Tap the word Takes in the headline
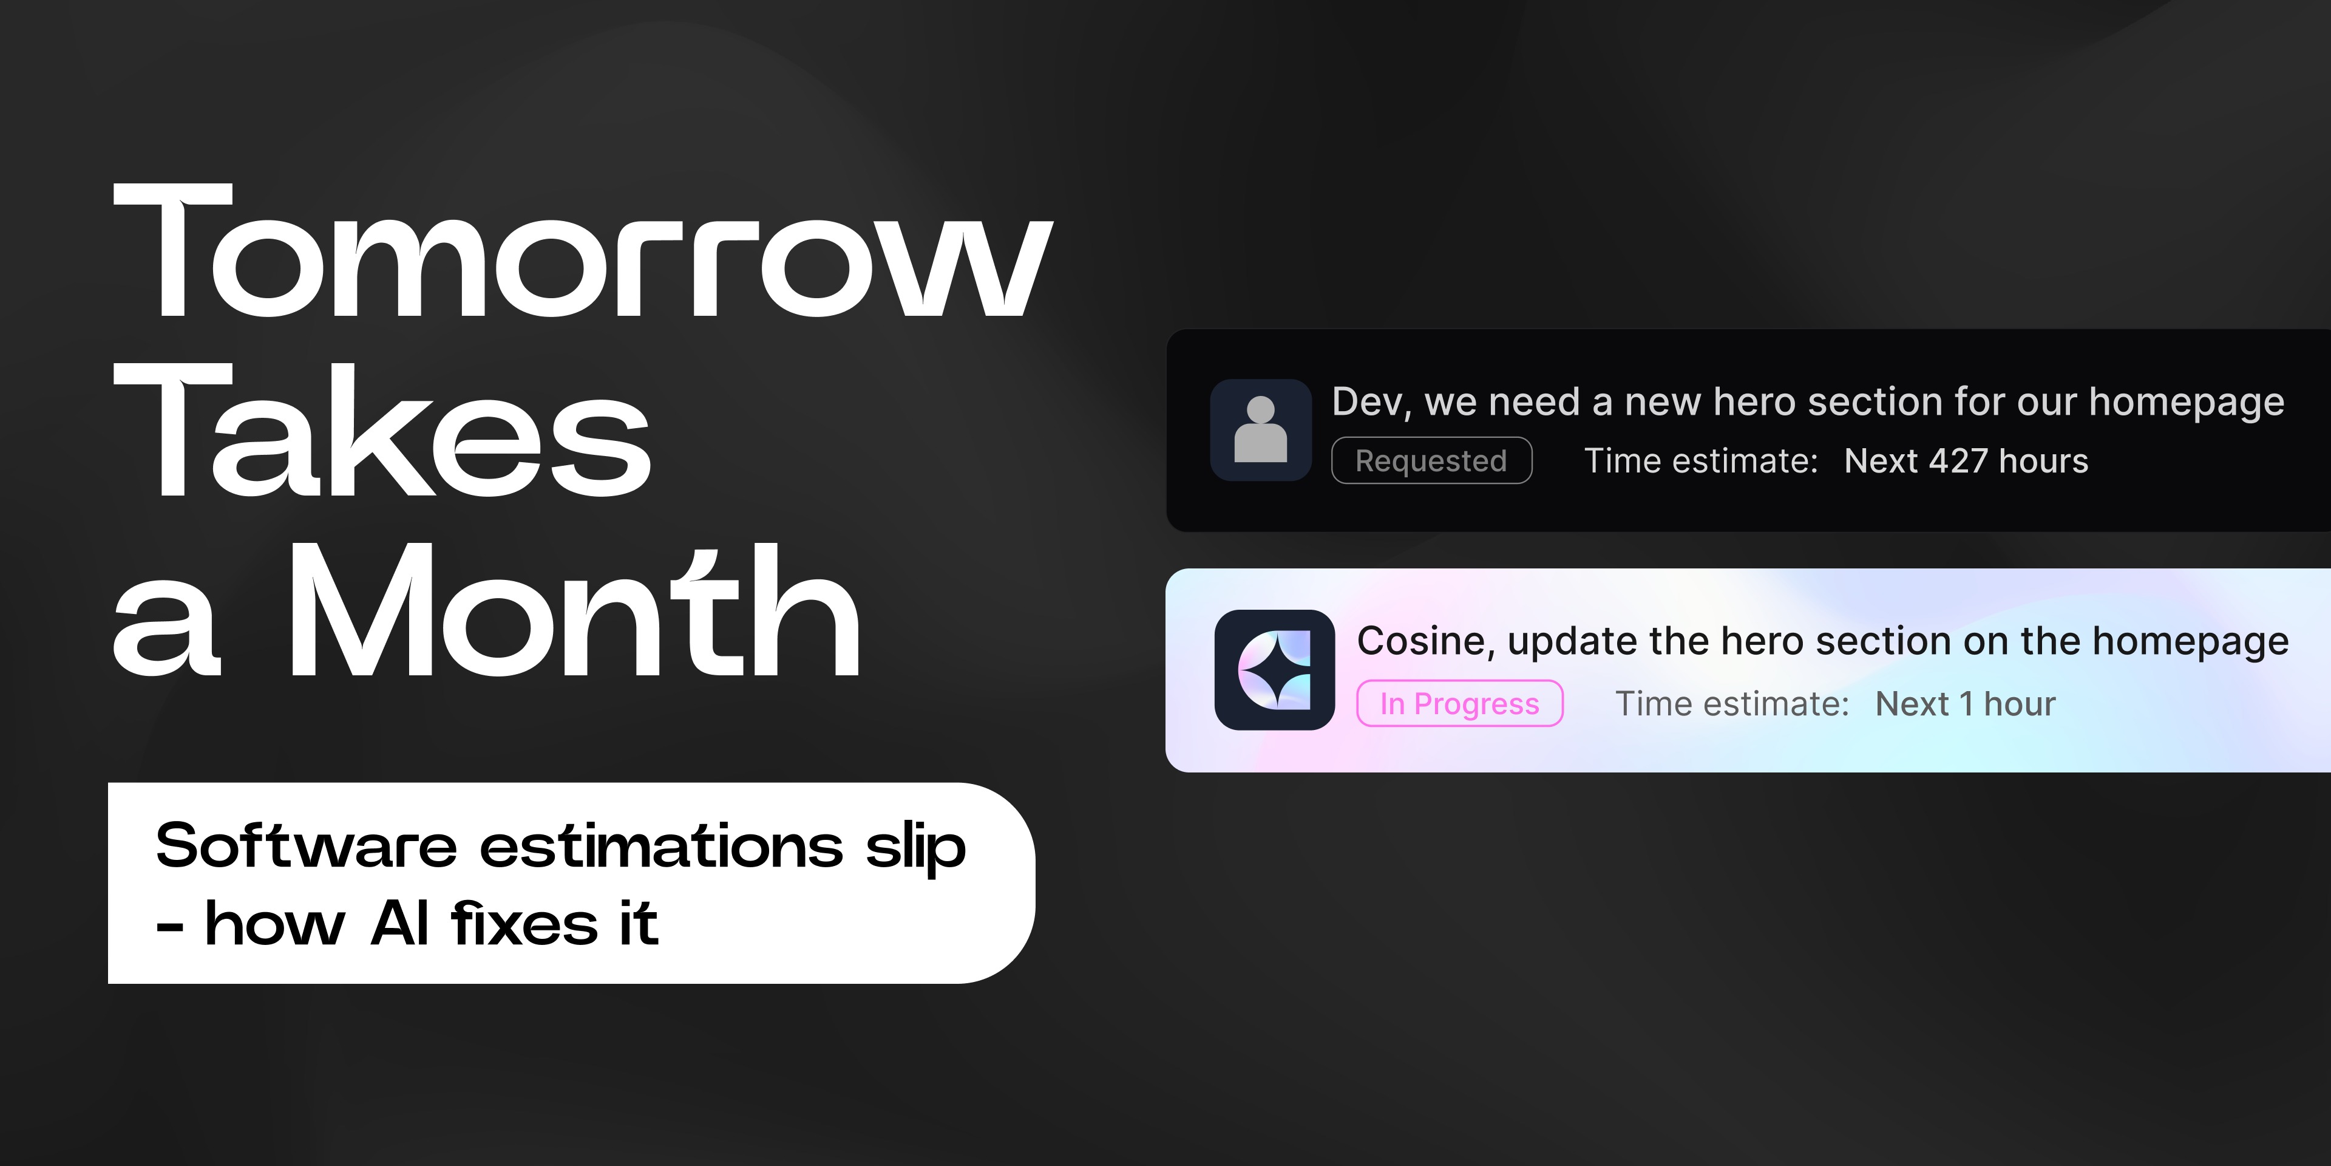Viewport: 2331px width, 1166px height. tap(382, 429)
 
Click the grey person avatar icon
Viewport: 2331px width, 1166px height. tap(1261, 429)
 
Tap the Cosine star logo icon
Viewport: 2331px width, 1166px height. tap(1274, 670)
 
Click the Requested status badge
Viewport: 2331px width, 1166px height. tap(1431, 461)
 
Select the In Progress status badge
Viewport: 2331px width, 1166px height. tap(1459, 703)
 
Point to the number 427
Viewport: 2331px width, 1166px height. tap(1958, 461)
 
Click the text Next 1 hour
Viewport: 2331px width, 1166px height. tap(1966, 703)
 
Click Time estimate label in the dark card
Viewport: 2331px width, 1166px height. tap(1701, 461)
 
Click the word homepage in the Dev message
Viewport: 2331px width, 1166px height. tap(2186, 403)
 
